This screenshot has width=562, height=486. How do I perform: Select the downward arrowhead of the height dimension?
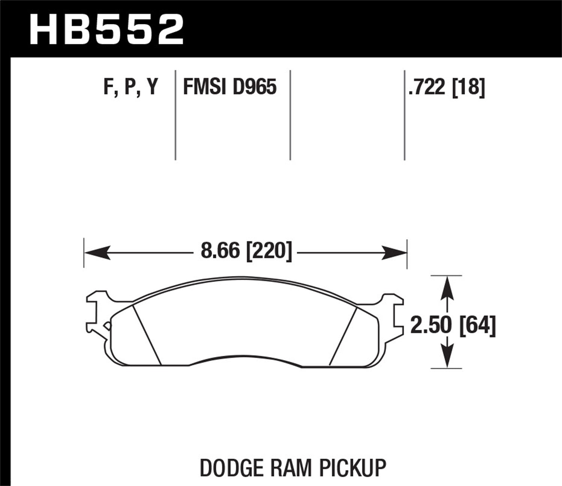click(446, 356)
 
